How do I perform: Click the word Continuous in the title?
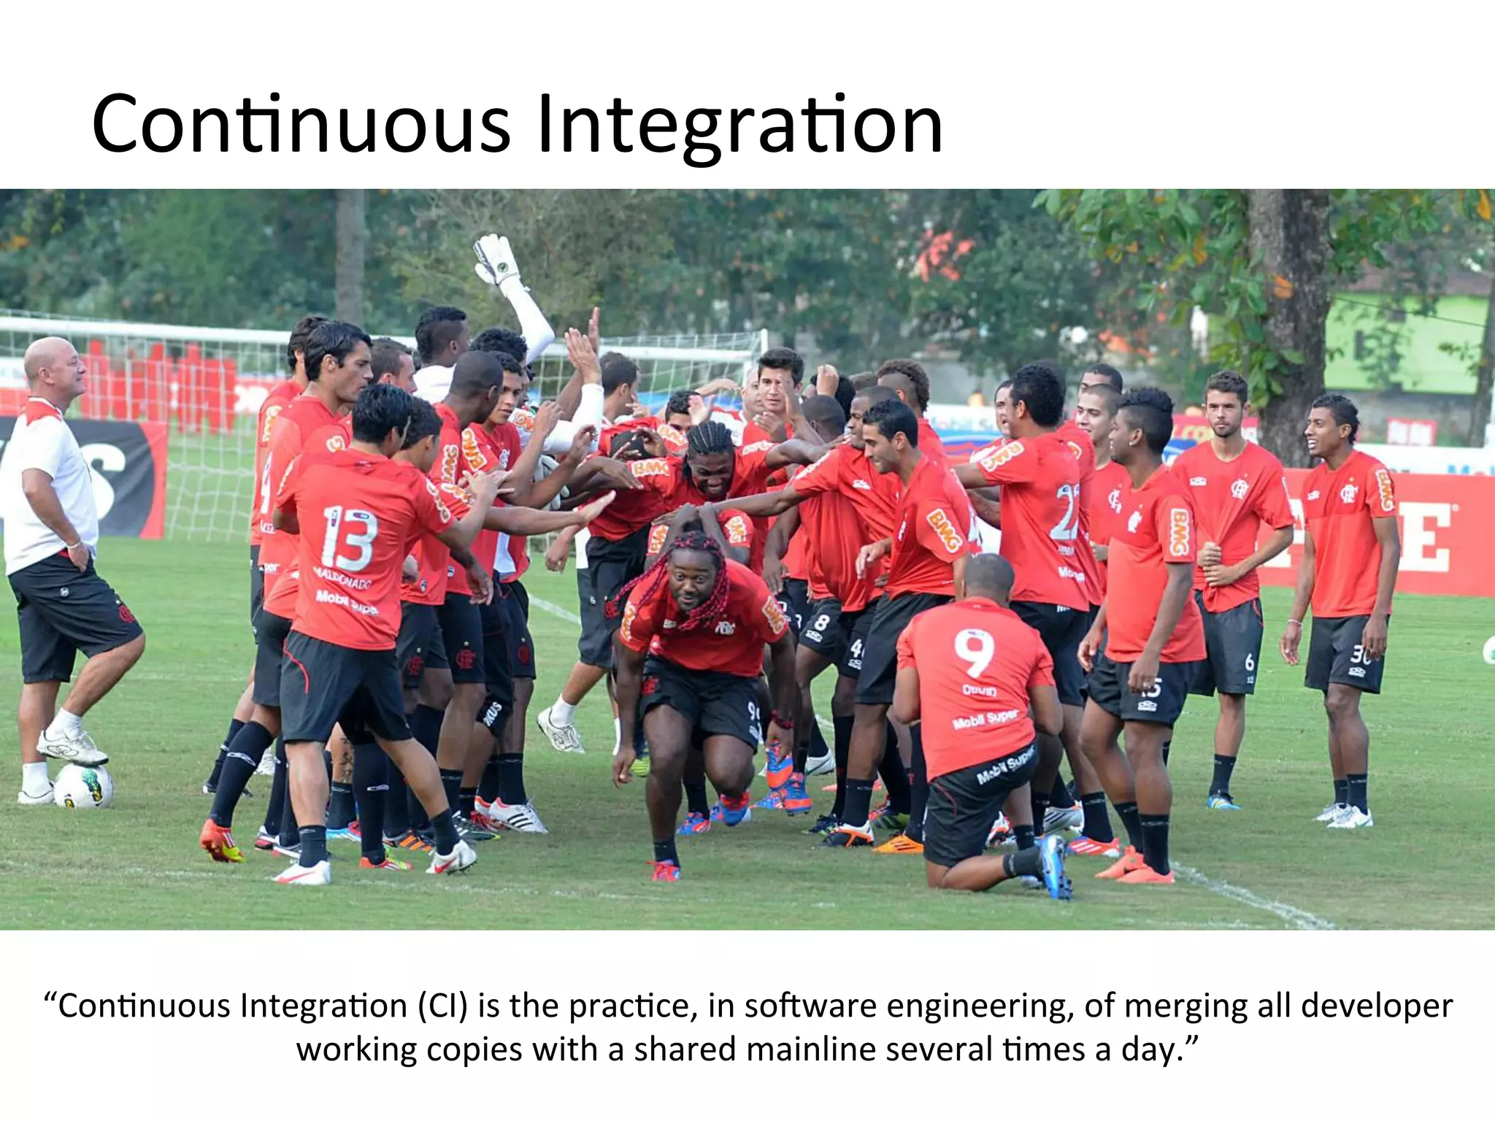301,124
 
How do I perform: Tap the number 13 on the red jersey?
349,539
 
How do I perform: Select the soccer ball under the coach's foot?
83,785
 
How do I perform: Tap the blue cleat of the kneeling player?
1054,866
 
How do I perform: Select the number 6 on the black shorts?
1249,661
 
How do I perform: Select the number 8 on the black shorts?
822,623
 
